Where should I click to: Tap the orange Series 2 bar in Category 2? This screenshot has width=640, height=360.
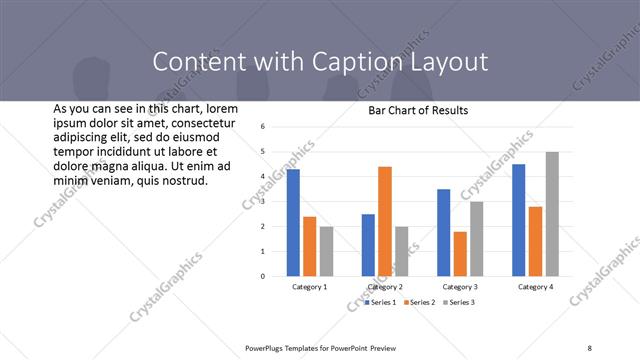(x=385, y=221)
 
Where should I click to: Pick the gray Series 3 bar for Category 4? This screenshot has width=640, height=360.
(x=553, y=214)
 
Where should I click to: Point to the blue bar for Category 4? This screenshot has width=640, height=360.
(x=518, y=220)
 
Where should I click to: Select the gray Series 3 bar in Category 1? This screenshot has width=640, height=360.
(x=327, y=251)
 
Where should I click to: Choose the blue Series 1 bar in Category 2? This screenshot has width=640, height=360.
(x=368, y=245)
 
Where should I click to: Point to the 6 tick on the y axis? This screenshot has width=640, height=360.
(x=261, y=127)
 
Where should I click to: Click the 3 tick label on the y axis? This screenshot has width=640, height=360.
(x=261, y=201)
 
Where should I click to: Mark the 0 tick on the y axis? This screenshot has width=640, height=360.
(x=261, y=276)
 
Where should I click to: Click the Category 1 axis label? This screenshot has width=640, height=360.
(x=310, y=287)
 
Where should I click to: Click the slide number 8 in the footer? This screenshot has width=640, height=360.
(x=589, y=347)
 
